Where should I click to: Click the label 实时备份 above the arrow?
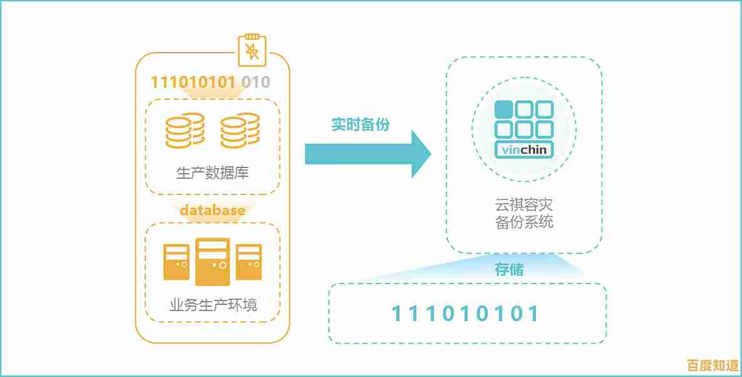coord(360,125)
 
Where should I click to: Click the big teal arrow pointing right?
coord(368,154)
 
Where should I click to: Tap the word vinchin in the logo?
coord(524,150)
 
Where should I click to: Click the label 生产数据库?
coord(212,173)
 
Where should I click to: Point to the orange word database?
coord(212,210)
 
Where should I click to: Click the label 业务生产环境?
coord(213,305)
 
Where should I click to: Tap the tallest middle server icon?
coord(212,262)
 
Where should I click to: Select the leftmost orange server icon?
coord(177,262)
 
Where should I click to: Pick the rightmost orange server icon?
coord(249,262)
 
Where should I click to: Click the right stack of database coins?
coord(240,130)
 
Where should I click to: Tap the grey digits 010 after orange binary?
coord(256,82)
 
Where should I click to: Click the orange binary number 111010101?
coord(193,82)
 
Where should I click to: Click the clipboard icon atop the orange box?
coord(252,50)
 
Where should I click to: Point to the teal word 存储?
coord(509,270)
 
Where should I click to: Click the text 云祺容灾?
coord(524,204)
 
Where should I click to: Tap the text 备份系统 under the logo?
coord(524,222)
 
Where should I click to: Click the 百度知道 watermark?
coord(712,365)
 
